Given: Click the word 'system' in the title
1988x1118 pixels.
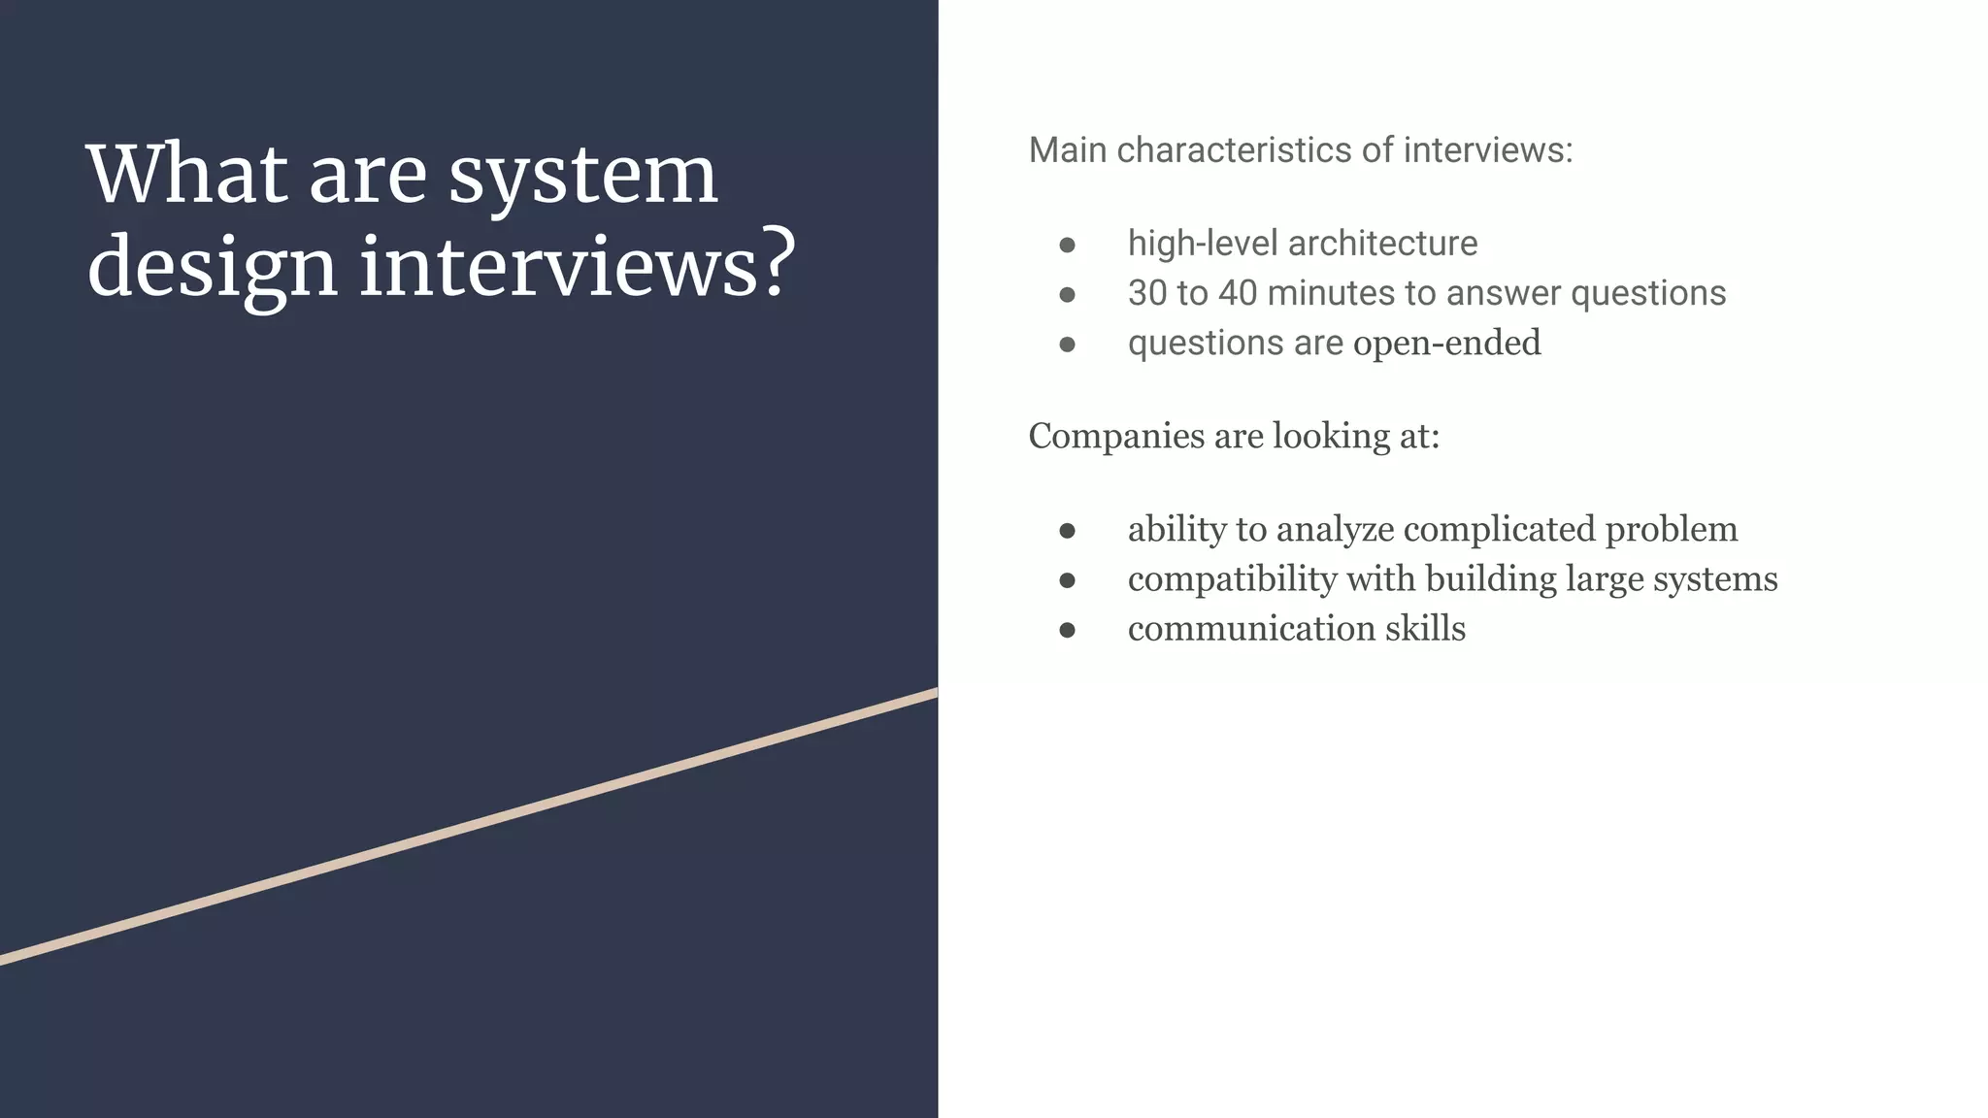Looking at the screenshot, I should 582,177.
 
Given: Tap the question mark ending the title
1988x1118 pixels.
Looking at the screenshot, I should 775,264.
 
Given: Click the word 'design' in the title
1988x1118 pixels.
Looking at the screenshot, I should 212,268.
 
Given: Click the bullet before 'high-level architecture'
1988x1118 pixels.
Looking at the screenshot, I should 1067,245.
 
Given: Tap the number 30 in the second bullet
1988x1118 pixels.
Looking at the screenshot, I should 1146,293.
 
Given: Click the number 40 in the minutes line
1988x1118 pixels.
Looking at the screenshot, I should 1238,293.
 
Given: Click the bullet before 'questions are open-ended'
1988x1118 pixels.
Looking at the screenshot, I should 1067,344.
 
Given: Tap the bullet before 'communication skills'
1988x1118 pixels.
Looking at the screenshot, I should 1067,630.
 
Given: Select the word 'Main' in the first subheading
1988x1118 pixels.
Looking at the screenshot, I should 1068,150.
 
